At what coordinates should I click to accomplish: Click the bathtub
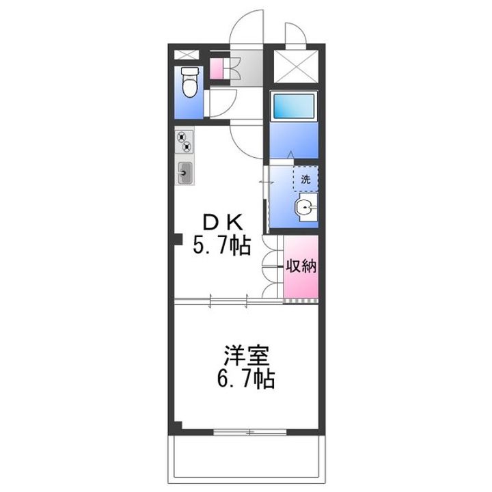[292, 105]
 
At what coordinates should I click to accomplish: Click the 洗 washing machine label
[305, 181]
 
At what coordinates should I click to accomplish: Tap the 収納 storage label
[301, 266]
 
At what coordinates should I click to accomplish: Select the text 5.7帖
[220, 244]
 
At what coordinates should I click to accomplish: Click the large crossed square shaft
[295, 67]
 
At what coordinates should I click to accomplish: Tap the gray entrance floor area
[247, 68]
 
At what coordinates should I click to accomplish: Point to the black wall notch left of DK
[177, 239]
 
